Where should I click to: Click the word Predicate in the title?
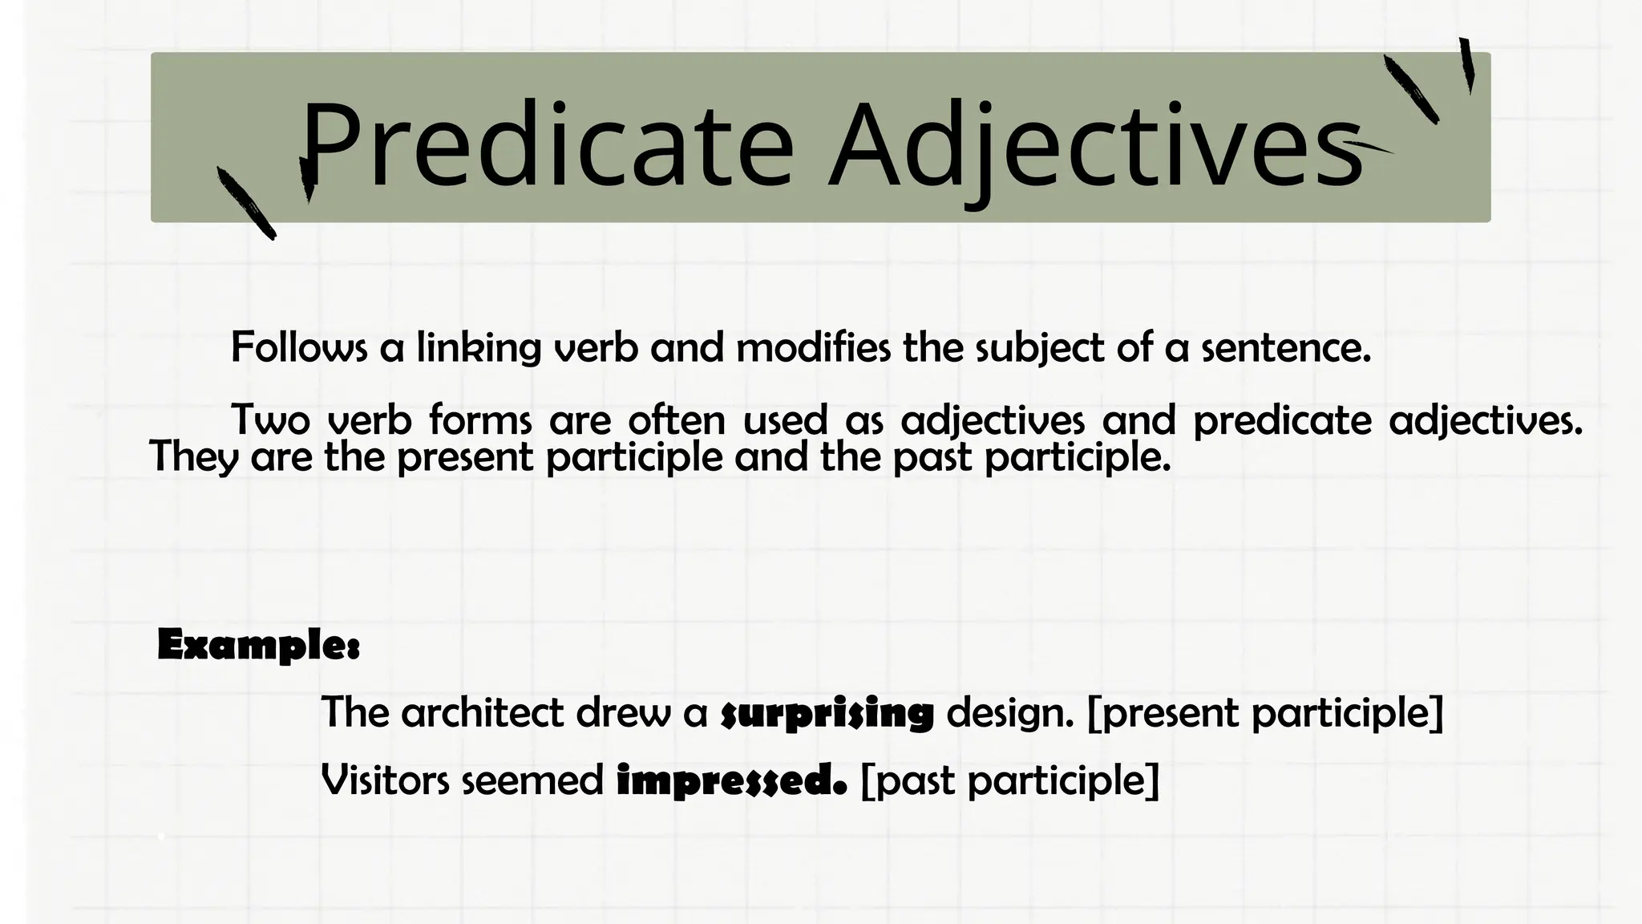tap(546, 144)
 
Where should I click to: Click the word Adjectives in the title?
tap(1095, 144)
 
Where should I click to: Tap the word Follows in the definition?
tap(299, 348)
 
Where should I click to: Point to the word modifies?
tap(813, 348)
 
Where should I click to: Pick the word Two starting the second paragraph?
tap(270, 419)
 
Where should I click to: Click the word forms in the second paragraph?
tap(480, 419)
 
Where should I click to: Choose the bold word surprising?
tap(827, 713)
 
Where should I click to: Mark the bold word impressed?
tap(731, 780)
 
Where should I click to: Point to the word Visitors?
tap(386, 780)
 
